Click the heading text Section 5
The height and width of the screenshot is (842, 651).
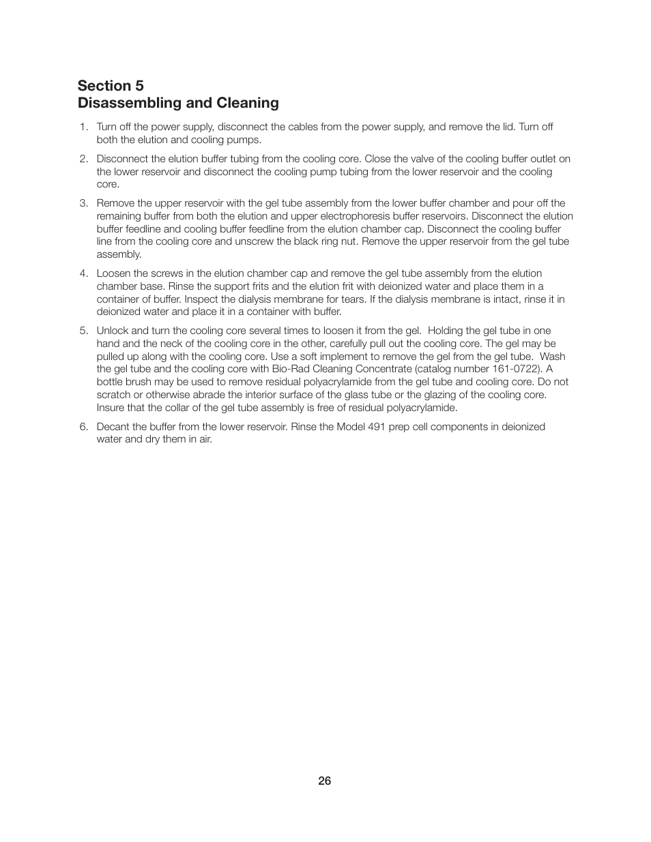point(111,85)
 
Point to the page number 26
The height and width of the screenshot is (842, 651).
point(325,781)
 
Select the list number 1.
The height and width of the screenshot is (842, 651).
point(83,127)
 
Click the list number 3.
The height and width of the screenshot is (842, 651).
point(83,203)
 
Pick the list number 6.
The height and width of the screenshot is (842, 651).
point(83,427)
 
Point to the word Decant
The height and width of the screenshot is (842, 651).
point(113,427)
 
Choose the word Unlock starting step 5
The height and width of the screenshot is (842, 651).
point(112,331)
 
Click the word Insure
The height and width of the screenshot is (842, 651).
point(112,408)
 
